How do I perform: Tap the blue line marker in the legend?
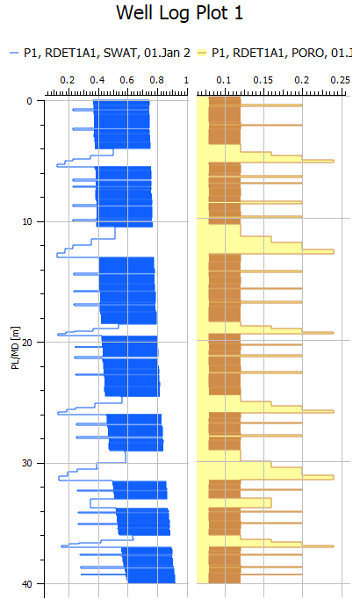coord(13,54)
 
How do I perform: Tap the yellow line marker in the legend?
coord(201,54)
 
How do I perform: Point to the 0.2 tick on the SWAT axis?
coord(67,80)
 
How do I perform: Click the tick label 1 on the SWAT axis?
coord(186,80)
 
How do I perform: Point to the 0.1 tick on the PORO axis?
coord(224,80)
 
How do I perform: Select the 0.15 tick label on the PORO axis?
coord(263,80)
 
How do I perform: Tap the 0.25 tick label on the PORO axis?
coord(339,80)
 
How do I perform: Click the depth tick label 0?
coord(30,101)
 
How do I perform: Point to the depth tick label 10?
coord(27,221)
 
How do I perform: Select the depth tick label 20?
coord(27,342)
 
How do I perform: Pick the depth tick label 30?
coord(27,463)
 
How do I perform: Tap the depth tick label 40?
coord(27,583)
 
